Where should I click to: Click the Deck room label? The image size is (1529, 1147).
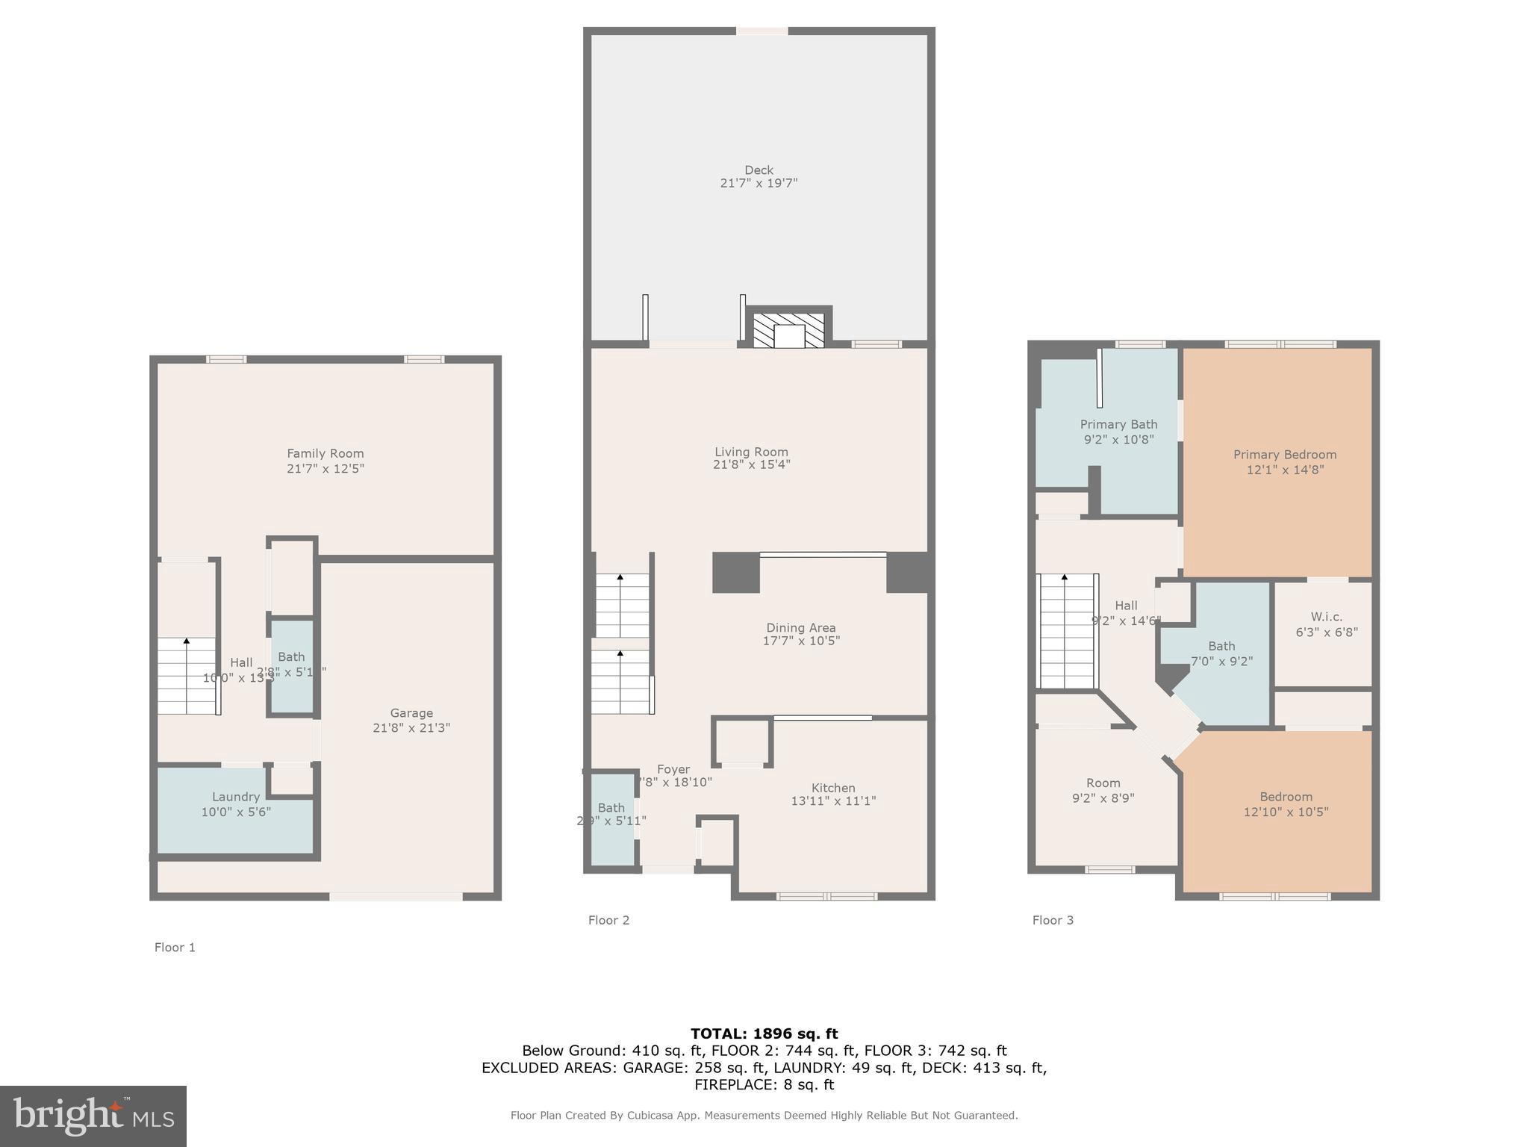coord(759,170)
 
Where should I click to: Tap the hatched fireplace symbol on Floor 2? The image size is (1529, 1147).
coord(788,331)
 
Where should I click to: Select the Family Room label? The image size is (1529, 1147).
coord(326,453)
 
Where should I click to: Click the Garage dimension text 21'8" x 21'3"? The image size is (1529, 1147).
coord(411,728)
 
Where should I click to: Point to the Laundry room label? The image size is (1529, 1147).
coord(236,797)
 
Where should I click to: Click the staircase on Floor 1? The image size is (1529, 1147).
coord(187,677)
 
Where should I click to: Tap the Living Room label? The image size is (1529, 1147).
coord(751,452)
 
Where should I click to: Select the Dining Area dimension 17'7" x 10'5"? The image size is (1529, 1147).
coord(801,641)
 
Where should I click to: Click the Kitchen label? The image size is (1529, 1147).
coord(833,788)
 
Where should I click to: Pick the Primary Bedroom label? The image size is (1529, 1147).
coord(1285,455)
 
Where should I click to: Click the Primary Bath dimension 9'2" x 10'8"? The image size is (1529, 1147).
coord(1118,440)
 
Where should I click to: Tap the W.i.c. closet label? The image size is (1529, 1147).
coord(1326,617)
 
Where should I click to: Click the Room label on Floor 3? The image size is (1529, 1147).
coord(1103,783)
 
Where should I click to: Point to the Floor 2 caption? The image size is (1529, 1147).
coord(608,920)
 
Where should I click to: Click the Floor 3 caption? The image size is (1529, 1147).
coord(1053,920)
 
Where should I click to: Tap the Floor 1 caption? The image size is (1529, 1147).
coord(175,948)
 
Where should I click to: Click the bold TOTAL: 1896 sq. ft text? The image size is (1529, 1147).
coord(764,1034)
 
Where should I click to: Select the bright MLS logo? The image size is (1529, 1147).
coord(93,1116)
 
